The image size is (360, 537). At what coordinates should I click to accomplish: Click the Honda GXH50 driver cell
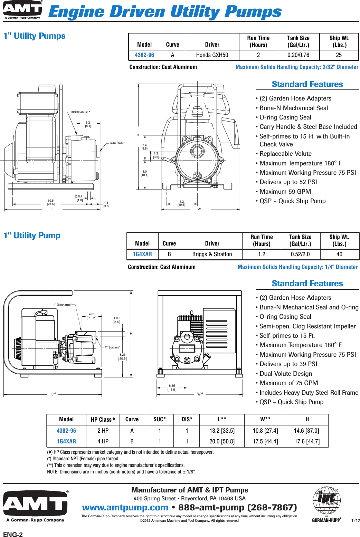point(212,55)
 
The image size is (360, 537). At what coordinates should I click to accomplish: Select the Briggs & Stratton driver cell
point(212,254)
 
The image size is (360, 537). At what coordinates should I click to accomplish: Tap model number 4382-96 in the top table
point(144,55)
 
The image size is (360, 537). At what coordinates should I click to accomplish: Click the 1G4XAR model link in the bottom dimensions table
point(66,441)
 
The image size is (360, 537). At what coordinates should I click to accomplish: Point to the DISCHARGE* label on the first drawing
point(80,112)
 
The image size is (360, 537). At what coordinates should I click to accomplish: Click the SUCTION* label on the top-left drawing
point(117,143)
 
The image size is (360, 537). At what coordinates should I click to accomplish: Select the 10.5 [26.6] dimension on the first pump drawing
point(51,202)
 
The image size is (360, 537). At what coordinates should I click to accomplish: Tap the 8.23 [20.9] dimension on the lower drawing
point(123,356)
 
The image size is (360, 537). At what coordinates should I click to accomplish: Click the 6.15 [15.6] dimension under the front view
point(172,387)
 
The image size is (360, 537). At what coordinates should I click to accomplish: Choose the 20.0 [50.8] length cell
point(222,441)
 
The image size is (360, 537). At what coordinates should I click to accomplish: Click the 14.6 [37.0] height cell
point(306,431)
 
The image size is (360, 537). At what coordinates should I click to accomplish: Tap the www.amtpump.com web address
point(125,507)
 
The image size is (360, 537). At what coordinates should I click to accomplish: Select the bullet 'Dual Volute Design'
point(285,373)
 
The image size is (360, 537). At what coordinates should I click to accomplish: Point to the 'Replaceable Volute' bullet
point(285,154)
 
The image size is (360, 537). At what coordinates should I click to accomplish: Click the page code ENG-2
point(13,535)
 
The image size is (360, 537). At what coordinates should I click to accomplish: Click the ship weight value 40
point(339,254)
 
